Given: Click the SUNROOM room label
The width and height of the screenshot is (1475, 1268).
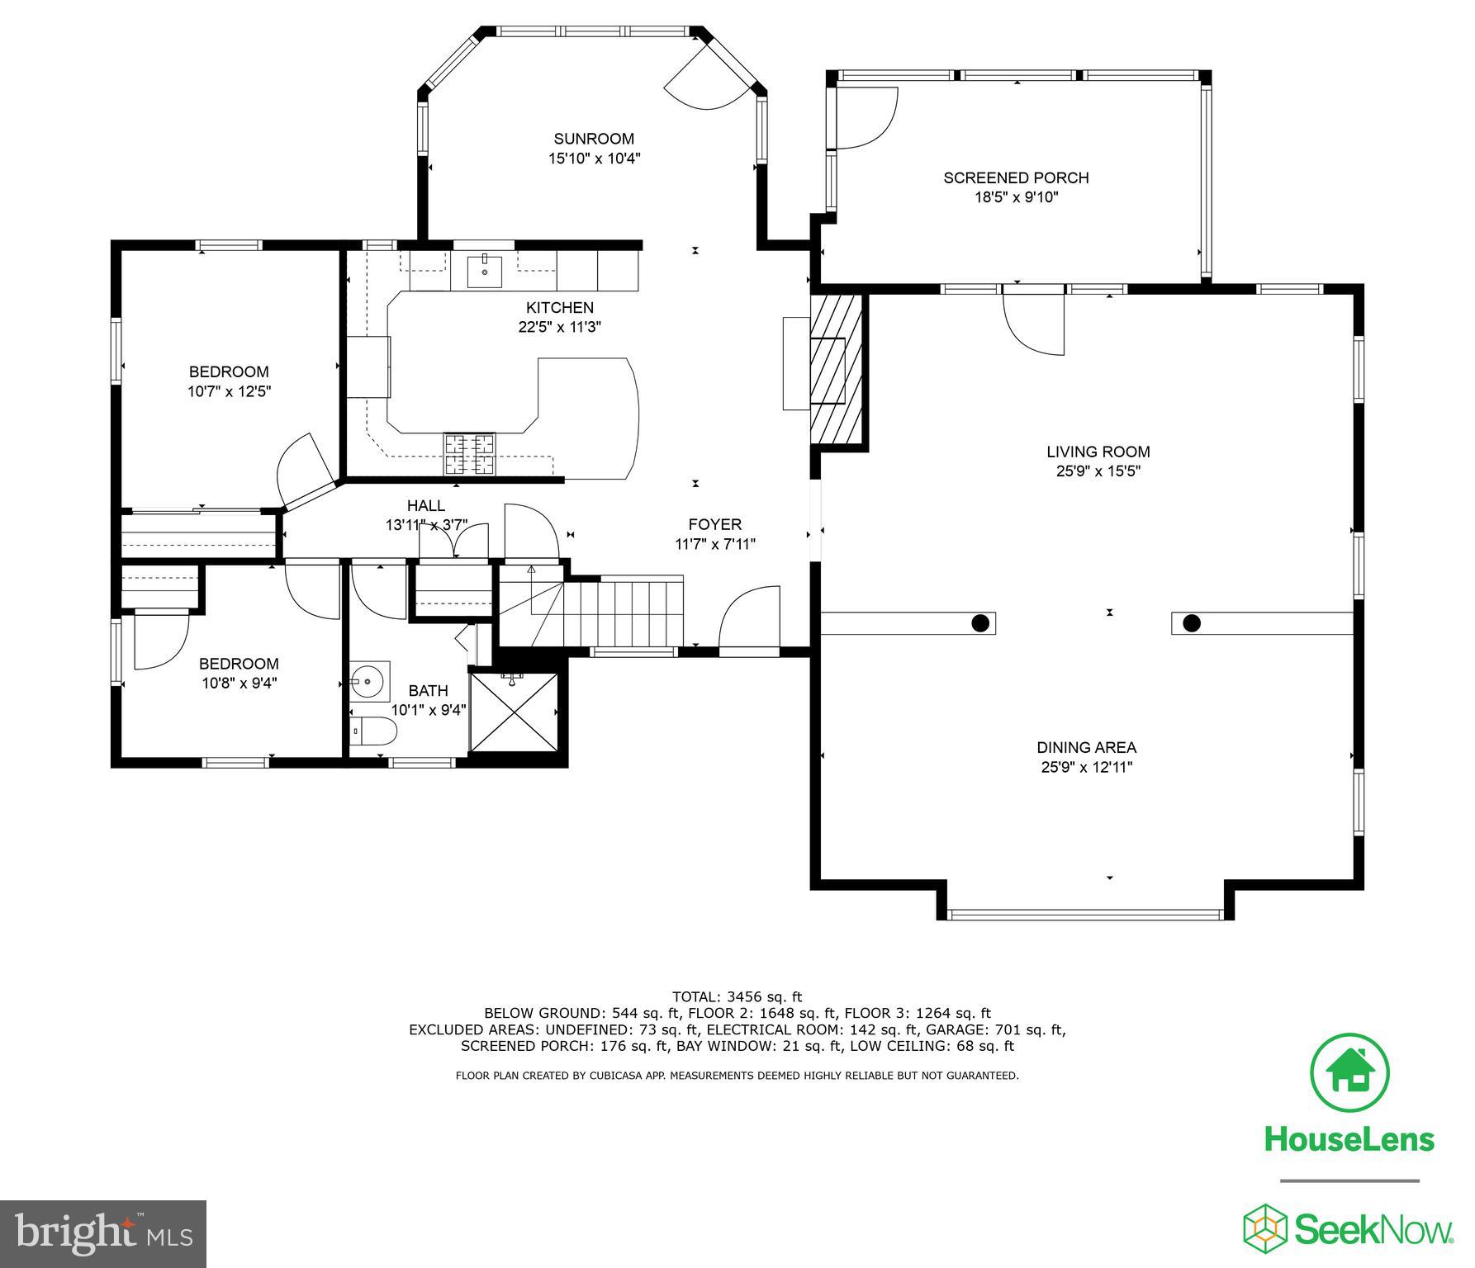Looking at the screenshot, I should tap(594, 139).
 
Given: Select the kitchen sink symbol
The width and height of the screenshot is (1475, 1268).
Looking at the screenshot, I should tap(484, 270).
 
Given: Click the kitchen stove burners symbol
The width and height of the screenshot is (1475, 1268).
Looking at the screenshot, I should tap(471, 454).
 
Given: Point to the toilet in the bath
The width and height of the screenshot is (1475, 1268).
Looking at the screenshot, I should tap(375, 731).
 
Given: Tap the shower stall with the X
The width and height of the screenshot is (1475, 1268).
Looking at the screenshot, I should tap(514, 712).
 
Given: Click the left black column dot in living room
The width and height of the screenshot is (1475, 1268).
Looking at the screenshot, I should tap(980, 623).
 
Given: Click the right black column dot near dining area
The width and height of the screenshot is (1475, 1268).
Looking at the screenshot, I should tap(1191, 623).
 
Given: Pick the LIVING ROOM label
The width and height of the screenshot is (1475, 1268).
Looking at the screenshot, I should tap(1098, 452).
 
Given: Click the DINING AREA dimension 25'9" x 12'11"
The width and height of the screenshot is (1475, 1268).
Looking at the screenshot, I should tap(1086, 768).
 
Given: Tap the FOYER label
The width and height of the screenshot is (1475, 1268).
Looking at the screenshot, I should tap(714, 524).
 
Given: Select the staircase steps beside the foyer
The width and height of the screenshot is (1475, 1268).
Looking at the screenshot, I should tap(628, 613).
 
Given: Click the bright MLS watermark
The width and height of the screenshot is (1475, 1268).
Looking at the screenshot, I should tap(103, 1233).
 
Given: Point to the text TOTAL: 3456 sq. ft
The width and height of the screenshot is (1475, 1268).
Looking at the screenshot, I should tap(737, 996).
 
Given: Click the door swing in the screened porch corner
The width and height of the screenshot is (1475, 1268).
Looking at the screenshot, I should tap(866, 118).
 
